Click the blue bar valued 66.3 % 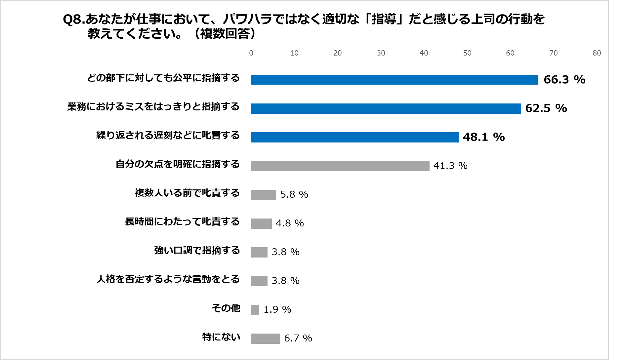click(394, 80)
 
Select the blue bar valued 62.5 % click(386, 108)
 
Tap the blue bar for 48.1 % click(355, 137)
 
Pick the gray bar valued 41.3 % click(340, 166)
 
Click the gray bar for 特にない click(265, 339)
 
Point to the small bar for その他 click(255, 310)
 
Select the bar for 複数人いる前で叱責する click(263, 195)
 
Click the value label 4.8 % click(290, 223)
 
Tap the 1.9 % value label click(277, 310)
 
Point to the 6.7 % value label click(298, 339)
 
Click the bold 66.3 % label click(564, 80)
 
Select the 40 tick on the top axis click(424, 53)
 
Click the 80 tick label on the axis click(597, 53)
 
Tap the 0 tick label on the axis click(251, 53)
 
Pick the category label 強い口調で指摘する click(197, 250)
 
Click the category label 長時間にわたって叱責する click(182, 221)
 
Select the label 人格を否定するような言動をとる click(168, 279)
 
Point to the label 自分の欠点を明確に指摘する click(178, 164)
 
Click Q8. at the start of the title click(74, 20)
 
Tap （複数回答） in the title click(224, 34)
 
